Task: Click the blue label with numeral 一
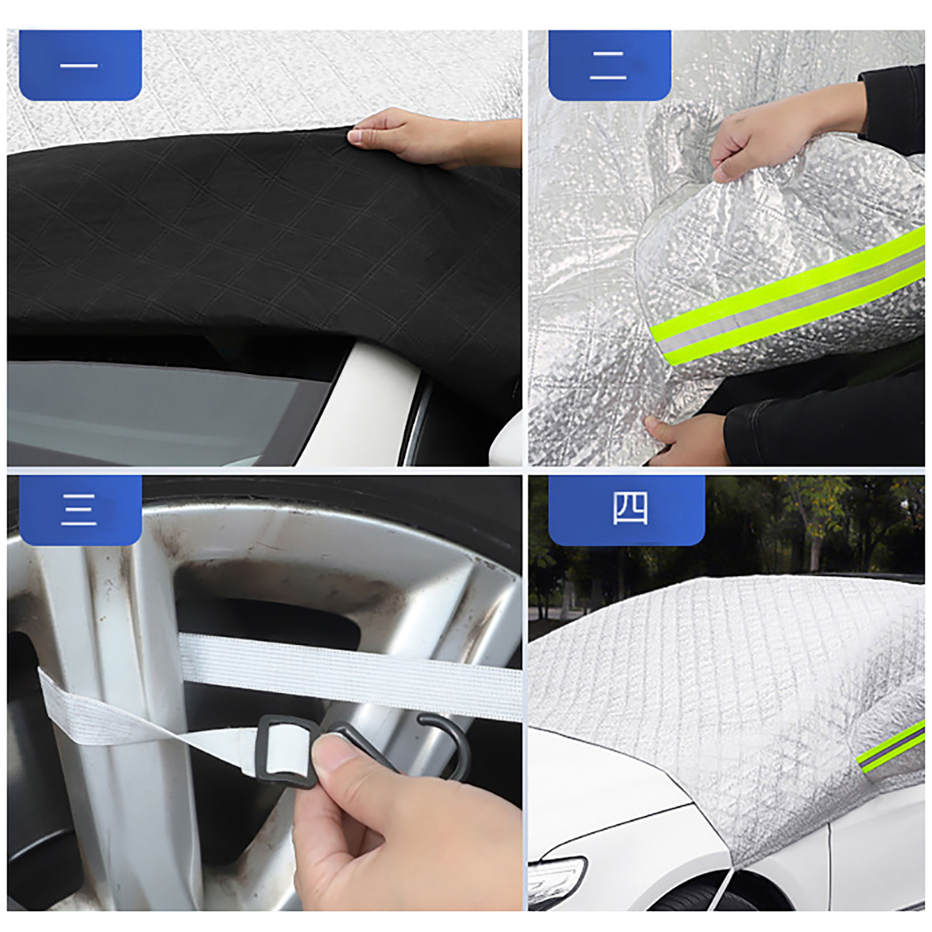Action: (80, 65)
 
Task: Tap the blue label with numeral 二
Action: (610, 65)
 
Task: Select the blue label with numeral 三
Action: (80, 510)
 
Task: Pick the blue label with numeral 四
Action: (627, 510)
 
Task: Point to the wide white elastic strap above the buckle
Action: (349, 676)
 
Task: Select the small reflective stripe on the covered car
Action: (891, 747)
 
